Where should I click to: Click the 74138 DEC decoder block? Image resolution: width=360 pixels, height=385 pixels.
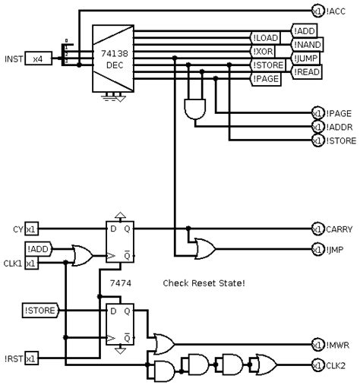(113, 58)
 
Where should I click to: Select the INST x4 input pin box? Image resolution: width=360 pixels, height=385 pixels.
(39, 58)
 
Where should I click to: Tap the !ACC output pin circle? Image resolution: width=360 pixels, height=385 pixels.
(317, 11)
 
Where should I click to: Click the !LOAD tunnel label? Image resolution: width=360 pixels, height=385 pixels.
(265, 38)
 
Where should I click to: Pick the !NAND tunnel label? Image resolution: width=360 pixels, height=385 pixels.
(308, 45)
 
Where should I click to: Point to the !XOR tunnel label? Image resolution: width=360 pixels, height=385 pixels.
(263, 52)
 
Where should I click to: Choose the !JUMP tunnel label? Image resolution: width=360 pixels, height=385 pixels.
(305, 58)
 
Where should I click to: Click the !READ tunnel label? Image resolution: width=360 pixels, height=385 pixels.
(307, 72)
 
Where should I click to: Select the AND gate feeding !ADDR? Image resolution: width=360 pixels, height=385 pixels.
(195, 109)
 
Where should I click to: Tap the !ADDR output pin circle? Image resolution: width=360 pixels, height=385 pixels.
(317, 127)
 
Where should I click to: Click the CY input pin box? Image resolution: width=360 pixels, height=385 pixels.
(32, 229)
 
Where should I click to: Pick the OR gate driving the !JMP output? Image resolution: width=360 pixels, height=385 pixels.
(205, 248)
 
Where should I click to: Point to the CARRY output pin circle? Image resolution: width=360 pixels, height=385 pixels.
(317, 229)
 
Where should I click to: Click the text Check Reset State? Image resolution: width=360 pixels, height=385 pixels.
(204, 283)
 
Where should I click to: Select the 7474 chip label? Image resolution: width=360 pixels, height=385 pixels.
(121, 283)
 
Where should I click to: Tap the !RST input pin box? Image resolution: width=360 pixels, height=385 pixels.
(32, 358)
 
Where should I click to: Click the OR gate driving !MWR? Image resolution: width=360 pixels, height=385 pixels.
(164, 344)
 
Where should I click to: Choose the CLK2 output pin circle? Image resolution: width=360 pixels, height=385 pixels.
(317, 365)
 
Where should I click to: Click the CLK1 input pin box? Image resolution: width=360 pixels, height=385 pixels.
(32, 263)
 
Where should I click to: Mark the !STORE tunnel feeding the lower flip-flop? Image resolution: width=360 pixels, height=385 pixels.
(41, 311)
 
